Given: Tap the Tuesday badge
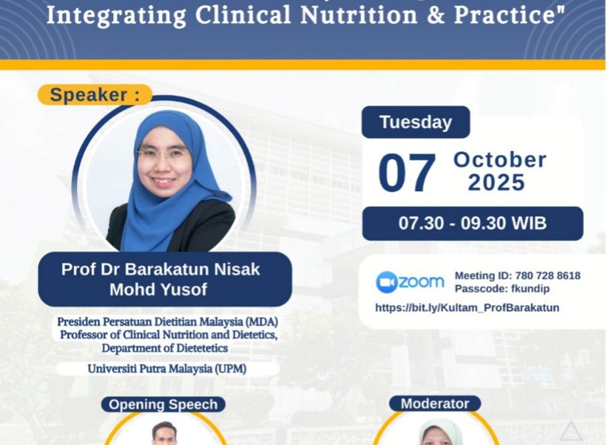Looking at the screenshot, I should point(415,122).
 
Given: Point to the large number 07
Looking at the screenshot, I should point(407,173).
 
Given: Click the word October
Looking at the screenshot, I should point(500,160).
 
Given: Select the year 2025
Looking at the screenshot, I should point(496,183).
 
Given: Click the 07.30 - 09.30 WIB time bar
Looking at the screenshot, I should point(472,223).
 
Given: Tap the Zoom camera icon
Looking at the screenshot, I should point(387,282).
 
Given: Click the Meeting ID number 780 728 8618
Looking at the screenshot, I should point(547,276).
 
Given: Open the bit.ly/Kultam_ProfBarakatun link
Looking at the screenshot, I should point(467,307).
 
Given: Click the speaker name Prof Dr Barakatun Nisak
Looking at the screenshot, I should point(161,269).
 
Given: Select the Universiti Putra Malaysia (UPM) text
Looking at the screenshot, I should point(167,369).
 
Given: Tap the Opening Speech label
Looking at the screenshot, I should point(163,404).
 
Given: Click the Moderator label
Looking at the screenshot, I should point(435,403).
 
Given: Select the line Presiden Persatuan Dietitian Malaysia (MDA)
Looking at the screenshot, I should point(167,322).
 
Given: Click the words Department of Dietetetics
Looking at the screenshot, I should point(165,347).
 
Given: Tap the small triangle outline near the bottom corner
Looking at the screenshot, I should point(571,431).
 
